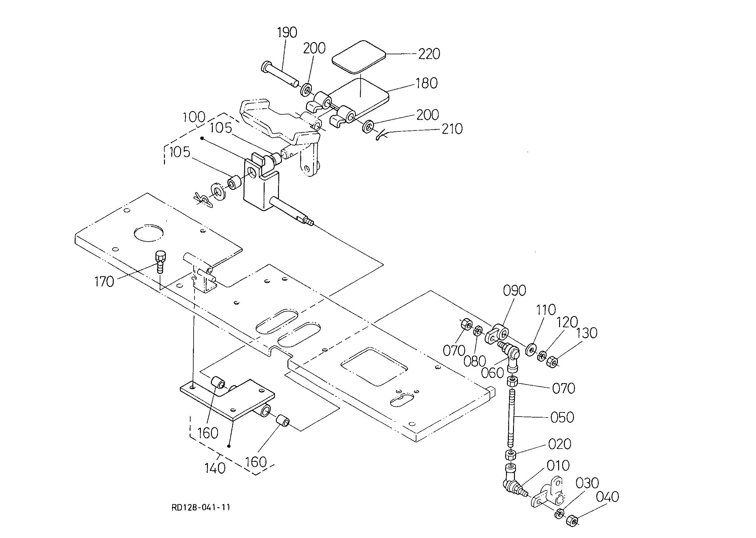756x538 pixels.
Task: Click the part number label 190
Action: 287,32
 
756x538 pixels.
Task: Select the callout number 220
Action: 429,54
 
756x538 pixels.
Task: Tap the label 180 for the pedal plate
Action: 426,83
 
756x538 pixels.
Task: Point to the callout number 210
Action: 452,129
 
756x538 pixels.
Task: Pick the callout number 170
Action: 104,282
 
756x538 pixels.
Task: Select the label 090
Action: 515,291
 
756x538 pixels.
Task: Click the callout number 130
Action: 587,333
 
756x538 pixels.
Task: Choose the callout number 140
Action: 215,468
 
